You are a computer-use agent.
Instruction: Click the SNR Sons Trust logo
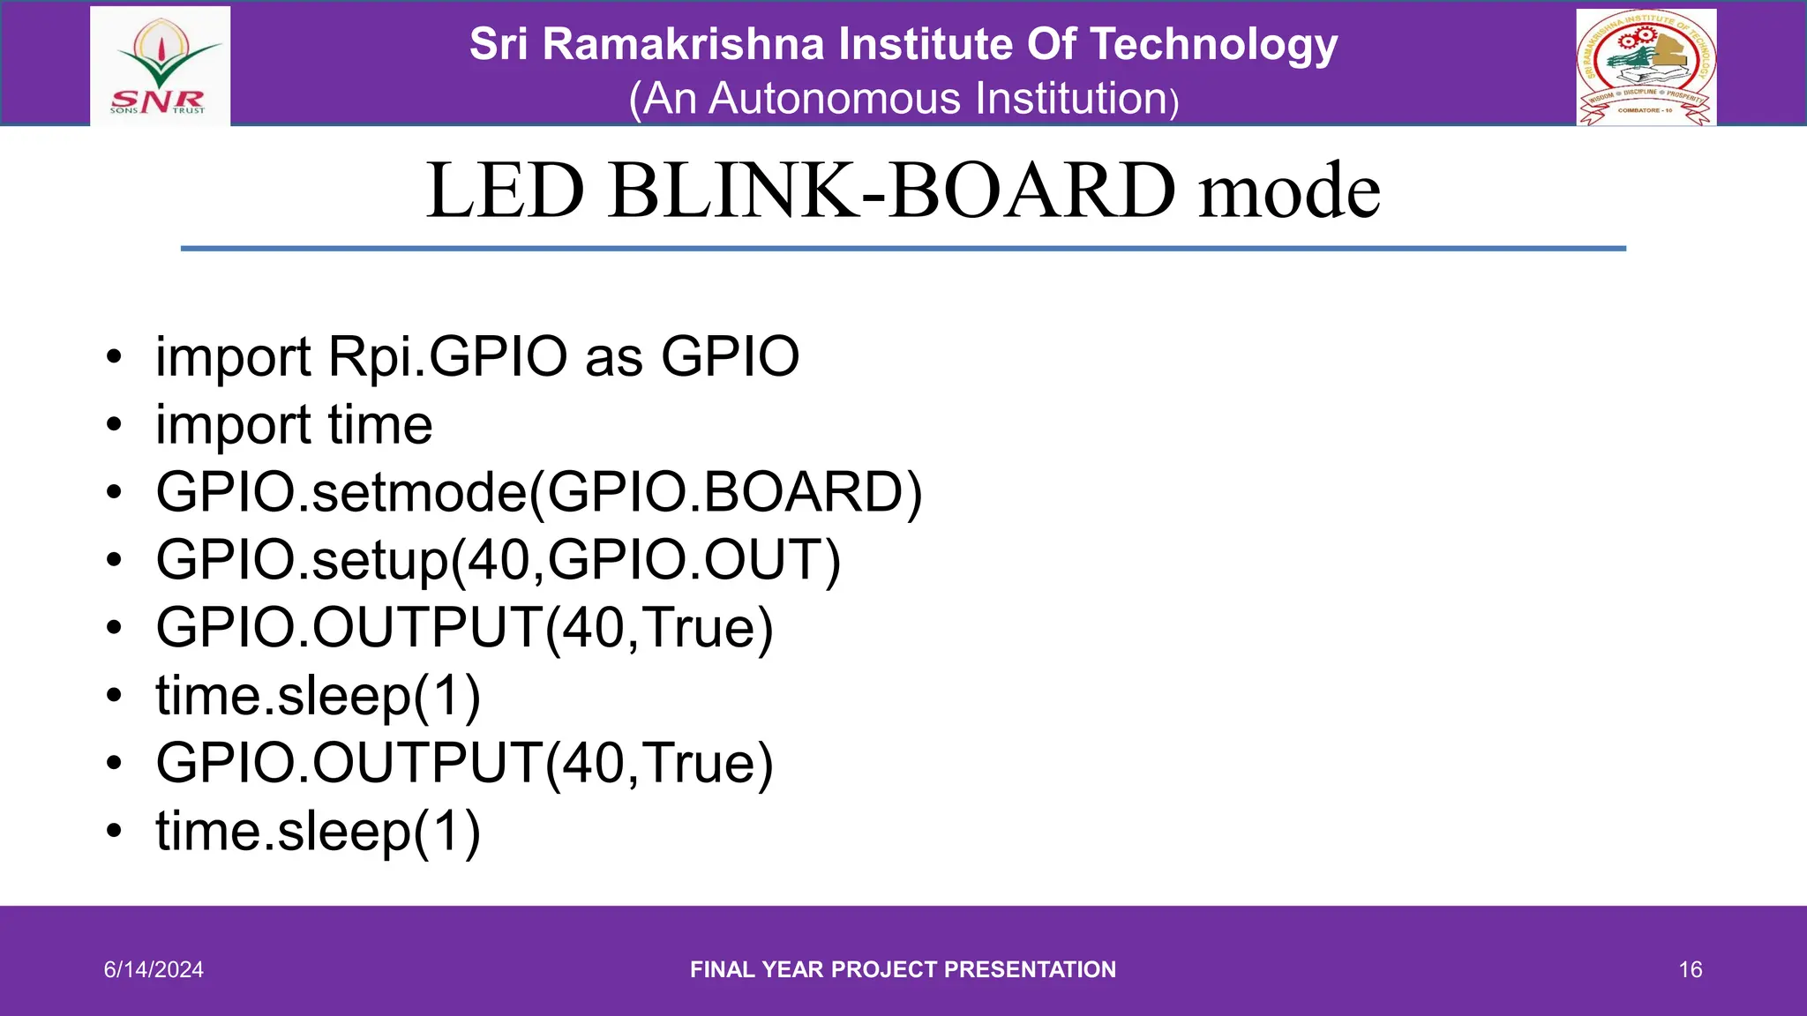[x=160, y=67]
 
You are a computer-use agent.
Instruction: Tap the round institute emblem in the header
[x=1646, y=67]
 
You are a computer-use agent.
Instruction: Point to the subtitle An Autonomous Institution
[x=903, y=99]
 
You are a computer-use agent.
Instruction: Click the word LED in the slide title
[x=506, y=190]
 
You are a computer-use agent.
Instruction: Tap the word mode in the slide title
[x=1289, y=190]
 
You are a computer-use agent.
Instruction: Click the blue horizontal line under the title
[x=903, y=249]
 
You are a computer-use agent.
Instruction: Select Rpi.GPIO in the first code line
[x=447, y=357]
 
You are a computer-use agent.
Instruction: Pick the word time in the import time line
[x=380, y=425]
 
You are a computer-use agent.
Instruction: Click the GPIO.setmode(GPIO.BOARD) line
[x=538, y=492]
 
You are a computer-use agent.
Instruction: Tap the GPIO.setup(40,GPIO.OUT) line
[x=499, y=560]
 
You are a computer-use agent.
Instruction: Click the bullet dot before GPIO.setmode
[x=113, y=492]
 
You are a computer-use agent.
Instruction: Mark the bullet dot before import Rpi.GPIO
[x=113, y=357]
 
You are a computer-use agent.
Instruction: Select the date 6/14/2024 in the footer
[x=154, y=969]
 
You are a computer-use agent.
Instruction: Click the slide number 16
[x=1690, y=969]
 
